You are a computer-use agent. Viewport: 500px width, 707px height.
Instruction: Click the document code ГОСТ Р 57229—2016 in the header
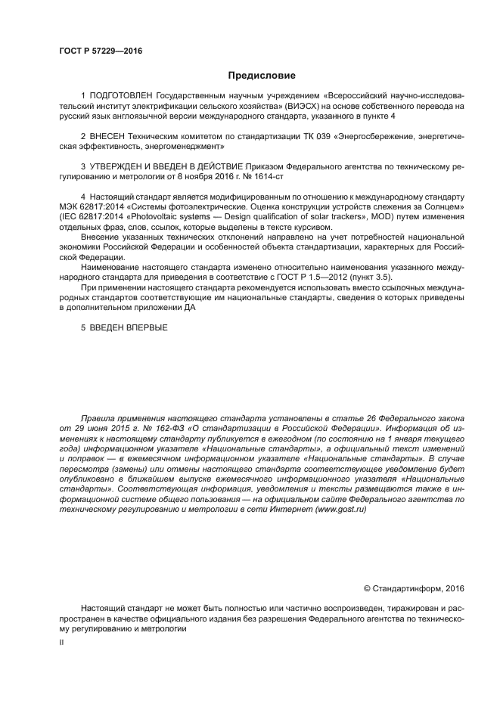click(x=100, y=51)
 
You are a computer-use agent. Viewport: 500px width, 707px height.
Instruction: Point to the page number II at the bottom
click(x=61, y=641)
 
